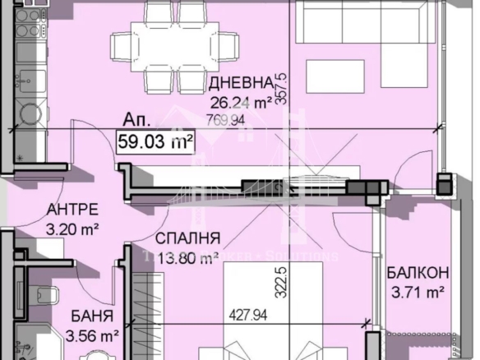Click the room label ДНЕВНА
(240, 83)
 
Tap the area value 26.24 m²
(240, 104)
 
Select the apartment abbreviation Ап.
(132, 119)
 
